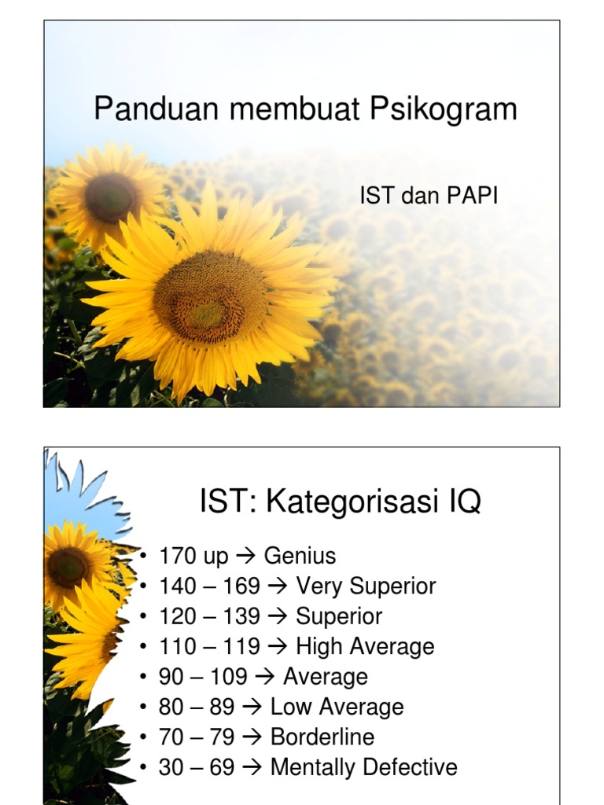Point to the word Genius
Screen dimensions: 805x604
pos(300,557)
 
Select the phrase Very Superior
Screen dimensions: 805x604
pos(366,586)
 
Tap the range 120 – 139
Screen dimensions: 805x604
pos(209,616)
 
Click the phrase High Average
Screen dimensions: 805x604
pos(365,647)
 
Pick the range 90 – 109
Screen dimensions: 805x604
pos(203,677)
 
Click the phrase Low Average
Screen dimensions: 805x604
pos(337,707)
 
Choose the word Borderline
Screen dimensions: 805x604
pos(322,737)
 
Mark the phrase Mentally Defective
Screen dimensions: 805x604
pos(363,767)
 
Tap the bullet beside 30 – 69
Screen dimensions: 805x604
pos(144,767)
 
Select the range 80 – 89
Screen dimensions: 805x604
pos(197,707)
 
